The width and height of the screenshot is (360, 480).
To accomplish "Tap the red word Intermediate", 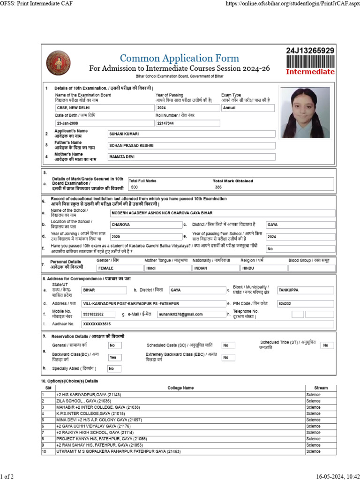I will pos(310,72).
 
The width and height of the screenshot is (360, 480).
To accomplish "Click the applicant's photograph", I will pos(305,112).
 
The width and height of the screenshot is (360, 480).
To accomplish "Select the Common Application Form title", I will pos(180,59).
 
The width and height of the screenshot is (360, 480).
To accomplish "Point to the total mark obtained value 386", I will pos(218,187).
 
